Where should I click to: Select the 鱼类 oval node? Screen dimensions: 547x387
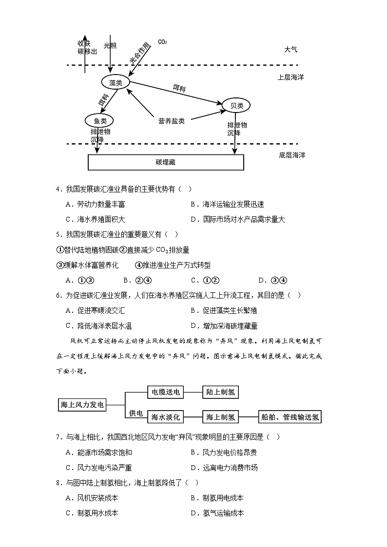click(x=99, y=120)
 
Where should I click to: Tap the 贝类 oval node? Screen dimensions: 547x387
click(x=236, y=105)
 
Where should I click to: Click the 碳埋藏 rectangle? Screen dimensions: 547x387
click(x=166, y=162)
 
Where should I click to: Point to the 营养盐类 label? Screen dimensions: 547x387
click(x=172, y=121)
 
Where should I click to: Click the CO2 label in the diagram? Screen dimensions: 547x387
click(x=162, y=42)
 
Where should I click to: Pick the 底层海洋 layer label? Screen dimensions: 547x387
click(x=292, y=155)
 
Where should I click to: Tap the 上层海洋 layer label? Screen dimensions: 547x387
click(x=290, y=77)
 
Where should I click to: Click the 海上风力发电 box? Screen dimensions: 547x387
click(x=82, y=404)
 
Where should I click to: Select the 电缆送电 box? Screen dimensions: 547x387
click(x=166, y=392)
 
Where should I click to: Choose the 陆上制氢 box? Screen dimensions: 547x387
click(x=221, y=392)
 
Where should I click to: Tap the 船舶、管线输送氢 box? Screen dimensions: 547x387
click(x=290, y=417)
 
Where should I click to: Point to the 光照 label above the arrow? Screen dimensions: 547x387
click(x=110, y=45)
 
